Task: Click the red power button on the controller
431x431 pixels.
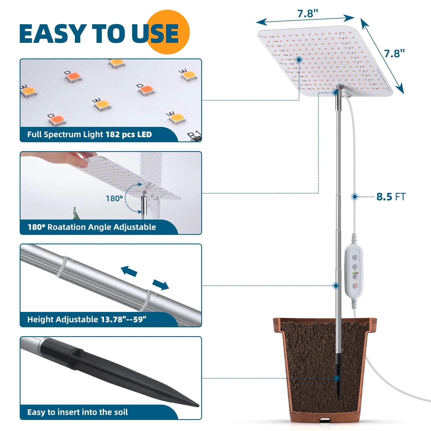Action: point(355,286)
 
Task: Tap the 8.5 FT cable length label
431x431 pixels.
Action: point(391,197)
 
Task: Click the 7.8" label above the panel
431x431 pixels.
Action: point(307,13)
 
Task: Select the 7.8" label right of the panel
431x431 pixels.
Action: point(394,54)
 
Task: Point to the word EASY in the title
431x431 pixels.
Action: point(53,34)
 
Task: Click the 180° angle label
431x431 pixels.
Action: point(114,199)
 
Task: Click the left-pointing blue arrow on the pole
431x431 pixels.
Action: point(129,271)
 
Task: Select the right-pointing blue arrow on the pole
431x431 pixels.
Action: point(161,284)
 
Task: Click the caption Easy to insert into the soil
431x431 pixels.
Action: point(78,412)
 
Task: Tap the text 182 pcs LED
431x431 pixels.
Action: point(128,134)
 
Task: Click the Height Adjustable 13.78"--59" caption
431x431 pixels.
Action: point(87,319)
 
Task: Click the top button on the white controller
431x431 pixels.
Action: point(355,258)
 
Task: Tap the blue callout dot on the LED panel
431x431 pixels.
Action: point(299,60)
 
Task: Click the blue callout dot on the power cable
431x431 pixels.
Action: point(355,197)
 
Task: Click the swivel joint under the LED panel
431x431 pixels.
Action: point(339,88)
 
